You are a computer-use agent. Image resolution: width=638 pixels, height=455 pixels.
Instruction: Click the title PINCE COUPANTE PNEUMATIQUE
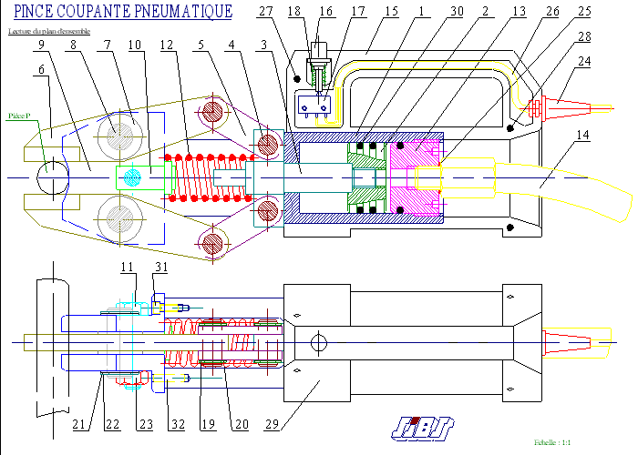click(x=122, y=12)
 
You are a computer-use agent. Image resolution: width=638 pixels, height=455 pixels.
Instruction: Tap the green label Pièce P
click(x=19, y=116)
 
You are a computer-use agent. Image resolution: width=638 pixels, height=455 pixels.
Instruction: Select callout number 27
click(x=266, y=11)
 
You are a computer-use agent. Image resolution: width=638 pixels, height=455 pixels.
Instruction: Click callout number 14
click(x=584, y=136)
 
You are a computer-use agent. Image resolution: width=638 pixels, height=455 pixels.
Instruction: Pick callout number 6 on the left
click(x=42, y=69)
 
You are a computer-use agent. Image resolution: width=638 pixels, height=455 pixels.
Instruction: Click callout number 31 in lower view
click(x=161, y=266)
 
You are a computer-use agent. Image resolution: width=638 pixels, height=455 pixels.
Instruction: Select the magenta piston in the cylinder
click(x=415, y=173)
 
